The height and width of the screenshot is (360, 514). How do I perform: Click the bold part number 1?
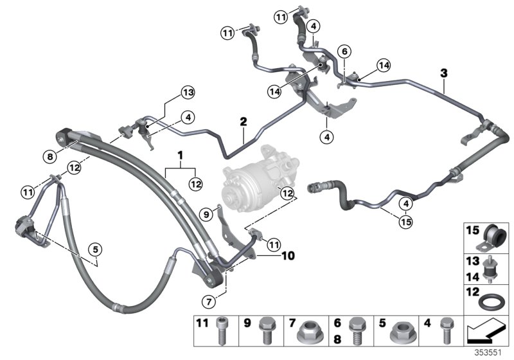[x=181, y=156]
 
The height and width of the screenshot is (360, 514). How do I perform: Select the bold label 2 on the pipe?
[x=244, y=121]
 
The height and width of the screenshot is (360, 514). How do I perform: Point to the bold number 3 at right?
[x=443, y=73]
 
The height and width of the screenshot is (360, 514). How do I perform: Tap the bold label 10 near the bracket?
[x=288, y=256]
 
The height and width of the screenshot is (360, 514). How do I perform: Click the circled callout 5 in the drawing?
[x=96, y=250]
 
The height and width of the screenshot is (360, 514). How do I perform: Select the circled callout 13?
[x=186, y=94]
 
